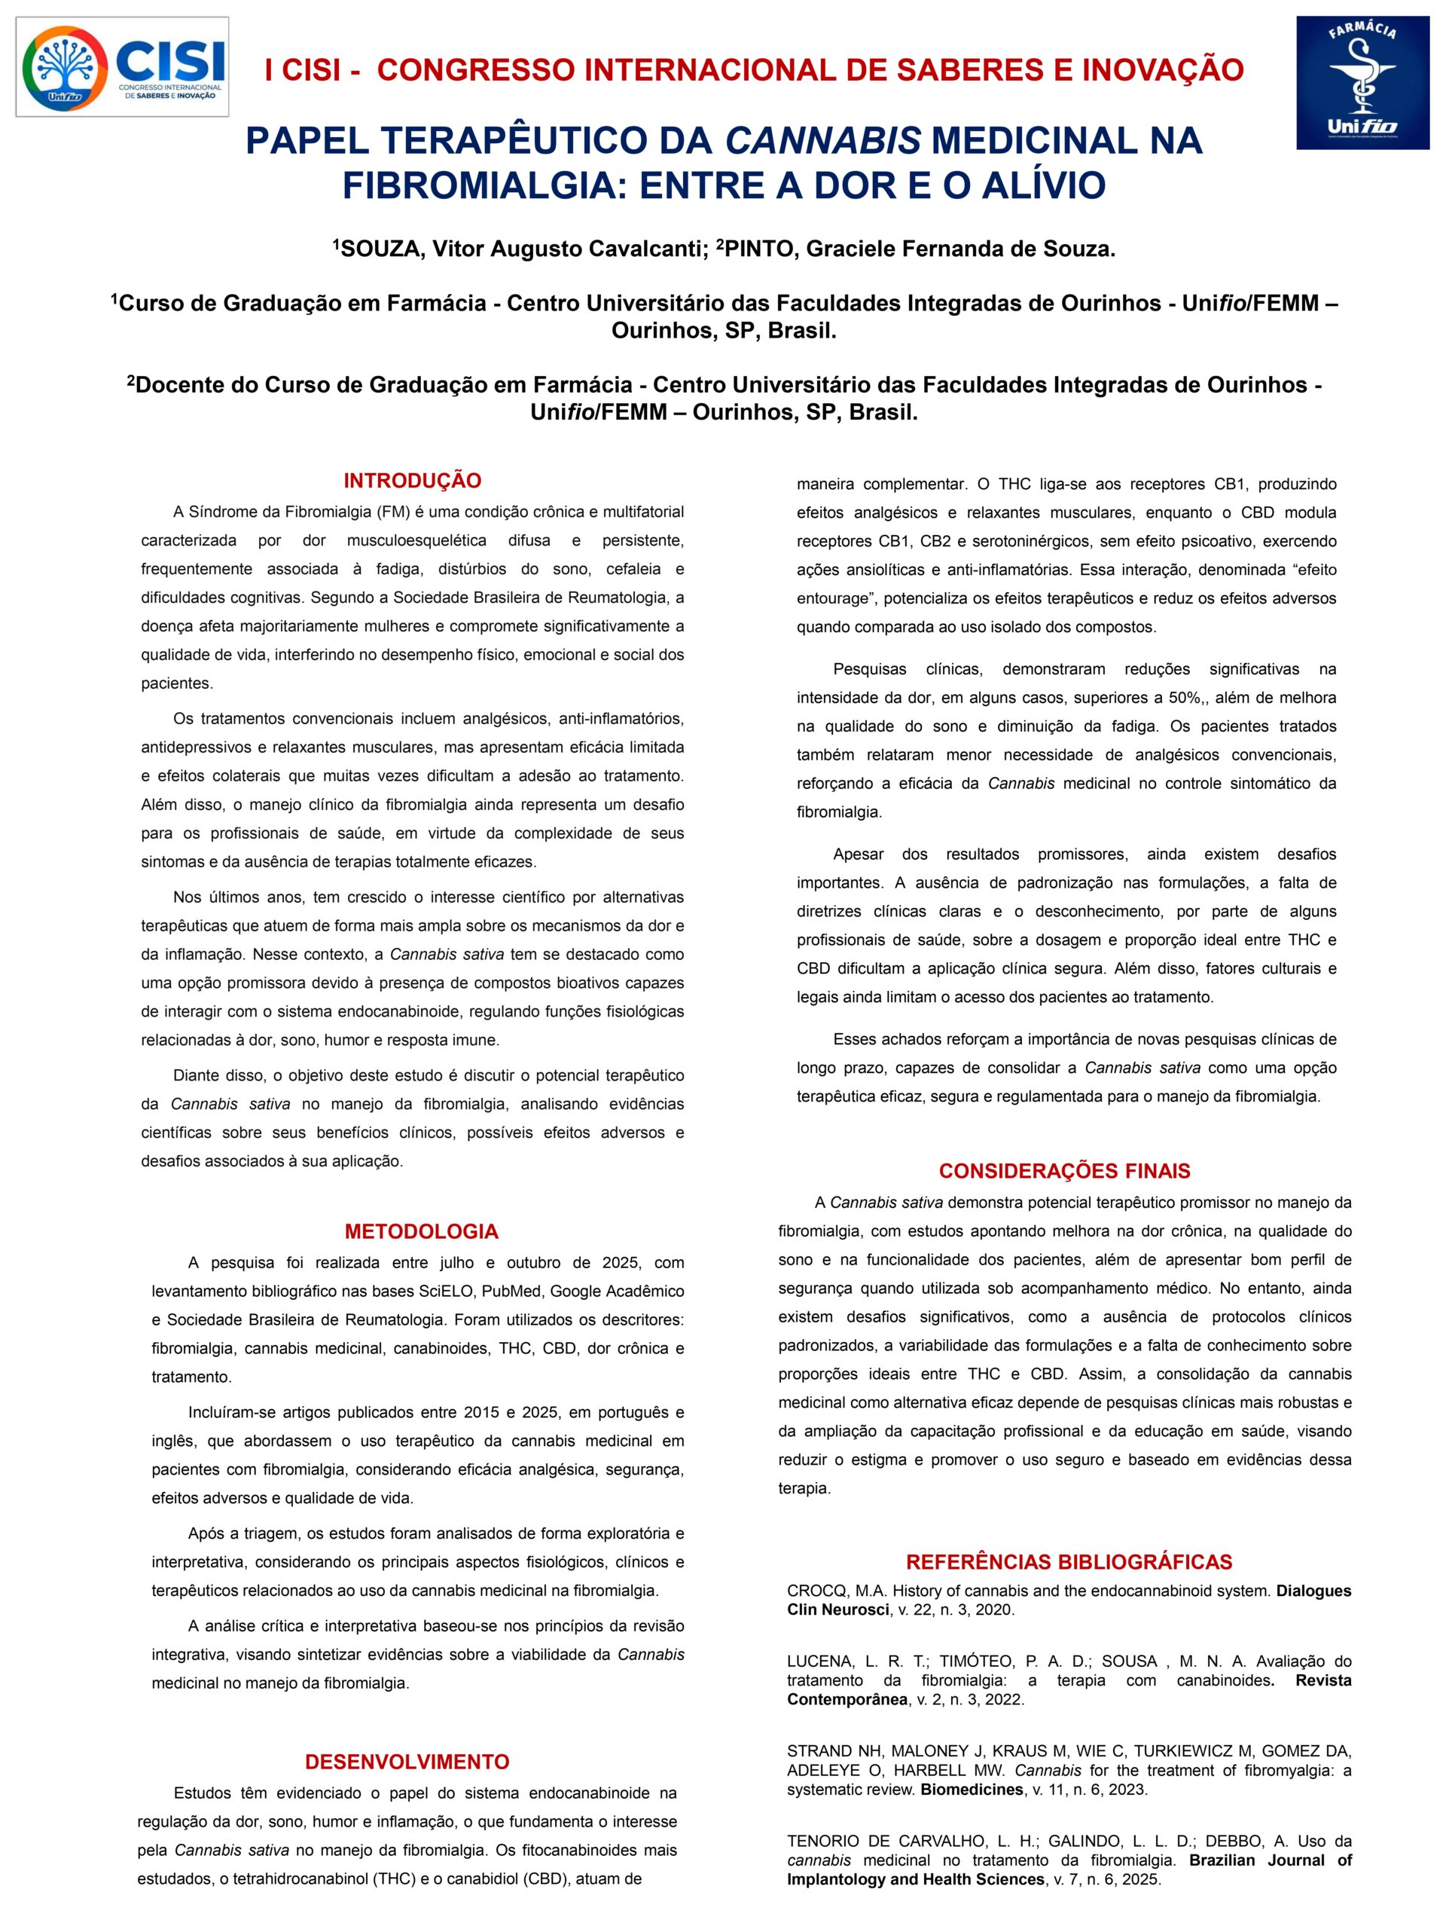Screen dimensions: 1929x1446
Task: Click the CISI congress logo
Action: click(123, 66)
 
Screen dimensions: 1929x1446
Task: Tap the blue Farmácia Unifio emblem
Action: click(1362, 83)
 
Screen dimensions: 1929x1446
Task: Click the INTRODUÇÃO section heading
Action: click(412, 481)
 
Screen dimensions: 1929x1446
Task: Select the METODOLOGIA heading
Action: click(421, 1231)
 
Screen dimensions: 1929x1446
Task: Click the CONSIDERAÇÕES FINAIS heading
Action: click(1064, 1170)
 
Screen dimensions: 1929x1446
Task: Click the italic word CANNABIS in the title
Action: click(823, 140)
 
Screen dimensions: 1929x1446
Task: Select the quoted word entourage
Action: click(830, 598)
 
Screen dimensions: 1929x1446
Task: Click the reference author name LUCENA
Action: click(819, 1662)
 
